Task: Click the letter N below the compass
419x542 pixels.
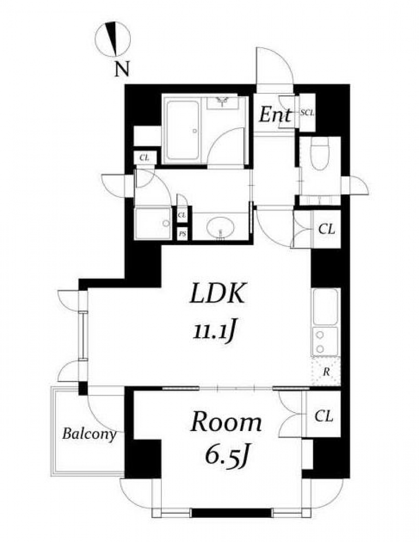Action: (x=122, y=69)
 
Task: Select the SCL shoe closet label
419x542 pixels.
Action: (x=307, y=113)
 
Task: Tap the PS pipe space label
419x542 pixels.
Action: (x=182, y=235)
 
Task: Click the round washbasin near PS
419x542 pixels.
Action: (x=220, y=228)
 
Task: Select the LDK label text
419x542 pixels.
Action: (x=218, y=293)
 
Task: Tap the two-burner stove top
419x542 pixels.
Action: (x=325, y=341)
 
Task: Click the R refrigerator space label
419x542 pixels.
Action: (x=326, y=373)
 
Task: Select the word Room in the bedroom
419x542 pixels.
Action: (x=226, y=423)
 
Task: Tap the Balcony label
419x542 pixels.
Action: (x=89, y=434)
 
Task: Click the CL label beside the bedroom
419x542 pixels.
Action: (x=324, y=416)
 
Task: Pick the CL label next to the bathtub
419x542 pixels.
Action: (x=144, y=158)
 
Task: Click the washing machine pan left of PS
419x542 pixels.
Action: (x=153, y=223)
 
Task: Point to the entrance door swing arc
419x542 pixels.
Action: (x=283, y=58)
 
